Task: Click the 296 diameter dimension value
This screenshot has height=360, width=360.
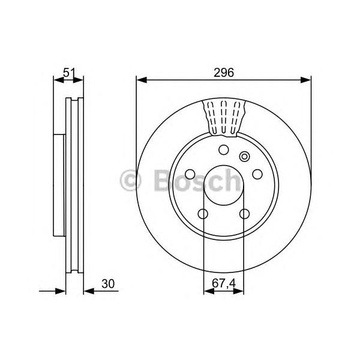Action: [224, 73]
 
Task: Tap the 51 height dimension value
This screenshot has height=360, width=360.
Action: [69, 73]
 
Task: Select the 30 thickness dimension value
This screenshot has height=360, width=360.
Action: [108, 284]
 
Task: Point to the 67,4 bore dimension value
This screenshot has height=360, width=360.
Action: [224, 283]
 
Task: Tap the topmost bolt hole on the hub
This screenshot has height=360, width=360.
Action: [224, 150]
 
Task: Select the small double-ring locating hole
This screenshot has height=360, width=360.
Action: [245, 157]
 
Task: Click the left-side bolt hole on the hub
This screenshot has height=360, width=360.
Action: [190, 174]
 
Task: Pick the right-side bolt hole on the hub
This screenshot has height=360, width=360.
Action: [257, 174]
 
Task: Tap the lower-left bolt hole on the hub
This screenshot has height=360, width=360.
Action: [203, 214]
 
